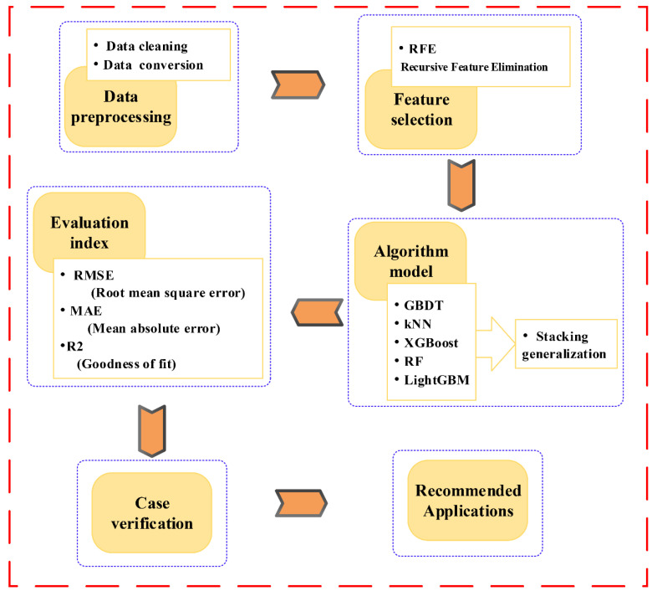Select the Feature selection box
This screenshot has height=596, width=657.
pos(421,110)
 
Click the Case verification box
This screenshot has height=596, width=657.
pos(152,511)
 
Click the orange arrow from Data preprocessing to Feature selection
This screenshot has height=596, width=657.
pos(298,85)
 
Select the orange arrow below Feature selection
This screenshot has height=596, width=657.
pos(461,185)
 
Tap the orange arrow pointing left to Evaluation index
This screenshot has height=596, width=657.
pos(316,312)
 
